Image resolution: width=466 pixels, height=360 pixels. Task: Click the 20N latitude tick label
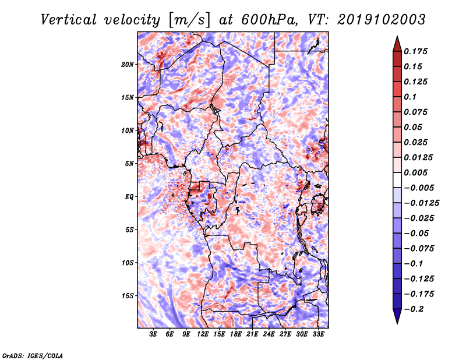(x=128, y=64)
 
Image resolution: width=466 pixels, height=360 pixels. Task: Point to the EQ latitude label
(x=129, y=197)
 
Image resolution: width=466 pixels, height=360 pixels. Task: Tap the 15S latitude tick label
(x=128, y=296)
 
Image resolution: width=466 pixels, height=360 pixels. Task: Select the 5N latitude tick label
(x=129, y=164)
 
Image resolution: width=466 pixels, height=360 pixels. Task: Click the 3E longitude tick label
(x=153, y=334)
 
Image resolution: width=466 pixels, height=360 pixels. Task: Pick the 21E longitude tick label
(x=252, y=334)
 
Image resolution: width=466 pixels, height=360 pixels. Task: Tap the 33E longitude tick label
(x=318, y=334)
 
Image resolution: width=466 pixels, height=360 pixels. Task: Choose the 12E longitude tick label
(x=202, y=334)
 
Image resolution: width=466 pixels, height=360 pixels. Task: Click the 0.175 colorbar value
(x=415, y=51)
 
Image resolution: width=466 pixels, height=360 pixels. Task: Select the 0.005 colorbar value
(x=415, y=172)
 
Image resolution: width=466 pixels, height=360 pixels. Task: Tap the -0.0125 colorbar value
(x=421, y=203)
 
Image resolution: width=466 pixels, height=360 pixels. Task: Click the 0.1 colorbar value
(x=410, y=97)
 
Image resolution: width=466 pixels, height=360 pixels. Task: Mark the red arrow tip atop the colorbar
(x=397, y=36)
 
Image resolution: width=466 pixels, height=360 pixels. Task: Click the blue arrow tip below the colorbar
(x=397, y=324)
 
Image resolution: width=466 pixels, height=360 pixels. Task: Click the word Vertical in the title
(x=69, y=20)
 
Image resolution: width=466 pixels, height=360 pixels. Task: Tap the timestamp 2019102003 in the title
(x=382, y=20)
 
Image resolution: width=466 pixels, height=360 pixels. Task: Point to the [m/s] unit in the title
(x=189, y=20)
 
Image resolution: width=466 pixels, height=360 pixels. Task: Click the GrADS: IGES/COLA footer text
(x=33, y=355)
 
